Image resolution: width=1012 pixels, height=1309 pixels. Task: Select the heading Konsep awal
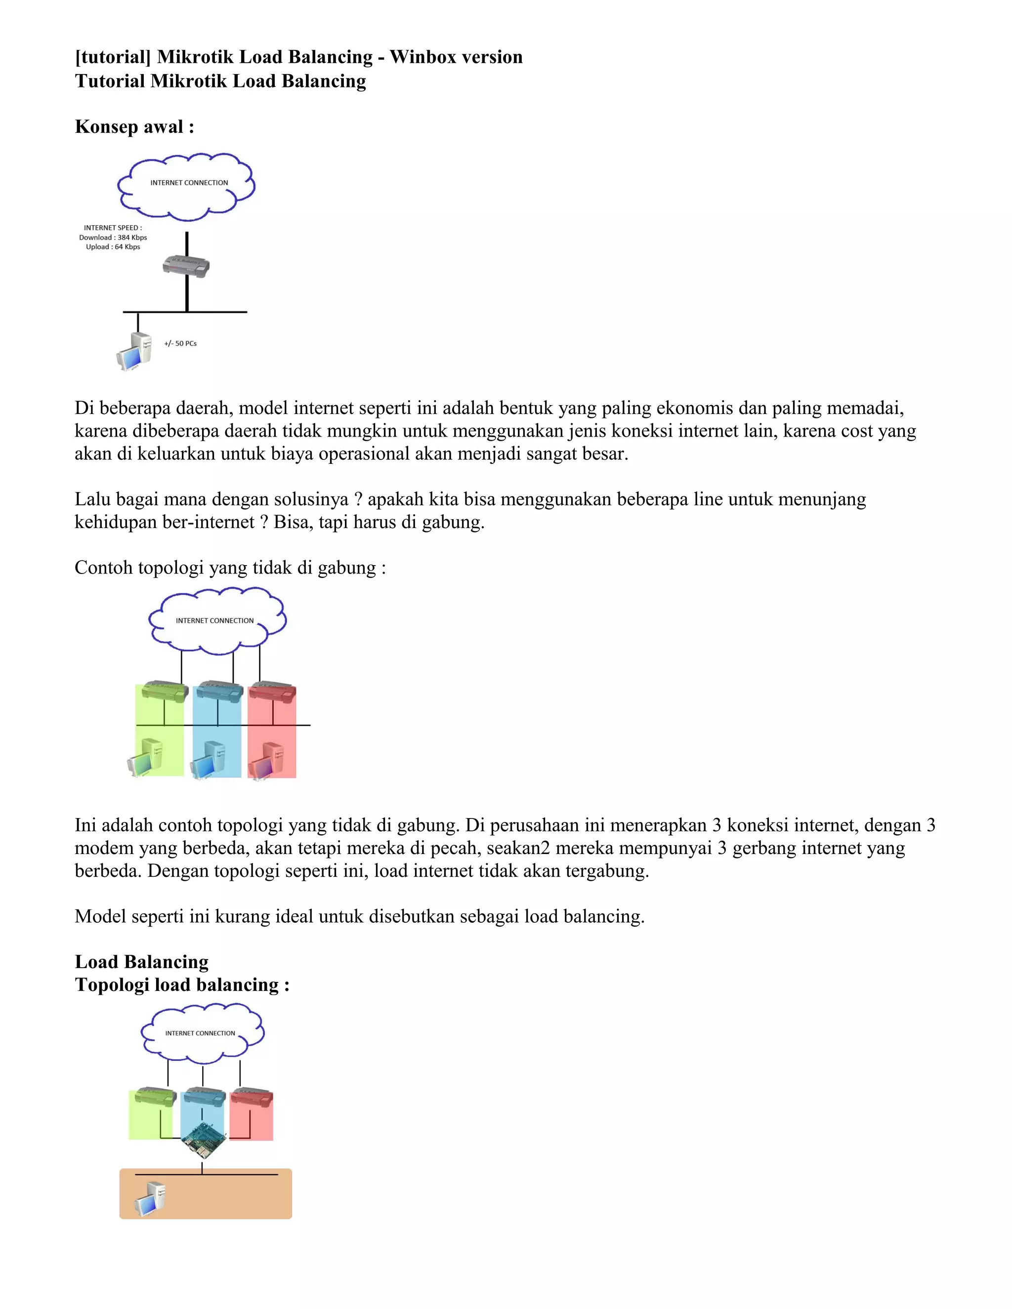point(134,126)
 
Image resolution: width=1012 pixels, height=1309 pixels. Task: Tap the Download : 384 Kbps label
point(113,237)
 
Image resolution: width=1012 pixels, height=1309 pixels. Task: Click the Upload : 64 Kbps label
point(113,247)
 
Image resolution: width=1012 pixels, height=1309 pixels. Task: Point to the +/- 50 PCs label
point(180,343)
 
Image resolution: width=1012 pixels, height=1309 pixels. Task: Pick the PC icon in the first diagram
point(134,351)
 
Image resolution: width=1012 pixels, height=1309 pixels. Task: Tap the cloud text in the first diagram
point(189,183)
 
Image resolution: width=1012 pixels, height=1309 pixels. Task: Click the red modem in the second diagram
point(272,692)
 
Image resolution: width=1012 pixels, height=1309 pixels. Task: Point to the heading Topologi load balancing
point(182,985)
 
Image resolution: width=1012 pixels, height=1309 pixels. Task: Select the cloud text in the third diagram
point(200,1033)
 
